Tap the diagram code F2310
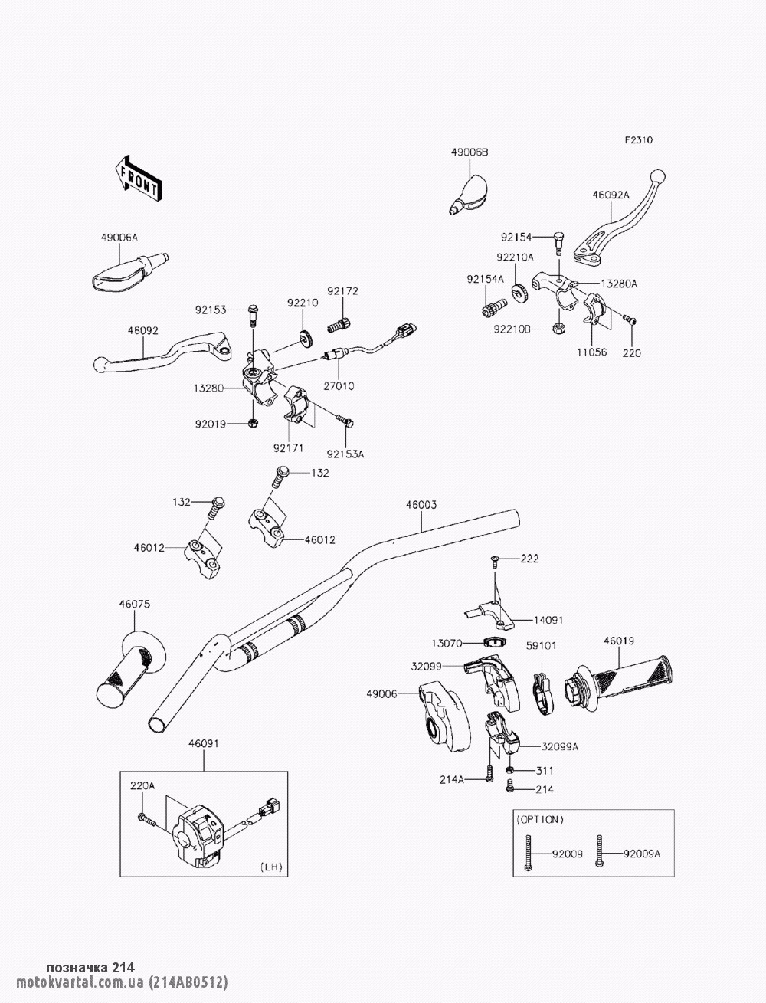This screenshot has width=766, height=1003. click(x=638, y=140)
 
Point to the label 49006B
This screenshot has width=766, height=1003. click(x=469, y=152)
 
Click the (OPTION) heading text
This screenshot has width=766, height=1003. click(x=540, y=819)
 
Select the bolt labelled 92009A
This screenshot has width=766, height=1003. click(x=600, y=853)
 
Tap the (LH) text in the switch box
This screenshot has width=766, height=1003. click(x=271, y=867)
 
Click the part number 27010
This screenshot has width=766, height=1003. click(x=339, y=386)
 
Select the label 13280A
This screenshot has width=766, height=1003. click(x=618, y=284)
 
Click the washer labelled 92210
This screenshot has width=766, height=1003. click(x=306, y=336)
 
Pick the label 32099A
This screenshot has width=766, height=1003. click(x=560, y=746)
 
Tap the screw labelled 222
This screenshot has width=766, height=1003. click(x=495, y=562)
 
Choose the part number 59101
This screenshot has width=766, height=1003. click(x=541, y=646)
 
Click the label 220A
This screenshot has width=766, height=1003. click(x=142, y=785)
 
